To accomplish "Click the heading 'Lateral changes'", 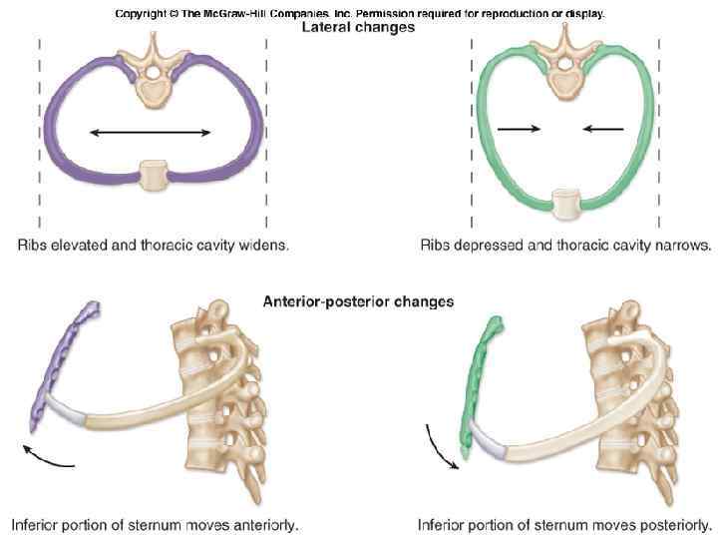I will (358, 28).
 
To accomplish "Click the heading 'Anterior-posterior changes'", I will (358, 299).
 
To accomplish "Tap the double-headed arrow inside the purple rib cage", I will (150, 132).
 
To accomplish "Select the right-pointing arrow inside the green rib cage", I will (519, 128).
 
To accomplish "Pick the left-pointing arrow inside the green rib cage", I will (603, 128).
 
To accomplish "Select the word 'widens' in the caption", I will (265, 244).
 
